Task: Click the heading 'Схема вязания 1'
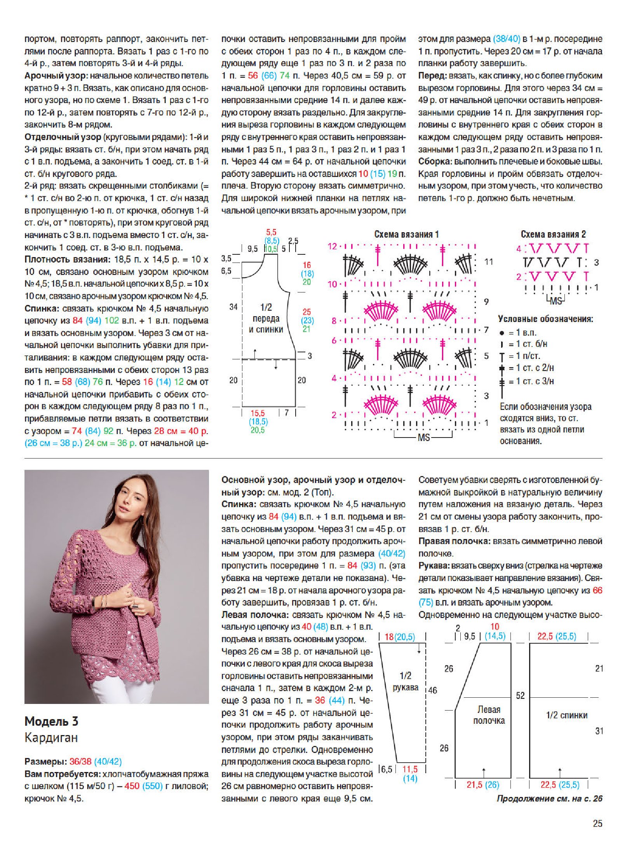(406, 235)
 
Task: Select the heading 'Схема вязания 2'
(553, 235)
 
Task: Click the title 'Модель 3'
(51, 721)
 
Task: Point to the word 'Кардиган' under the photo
(51, 737)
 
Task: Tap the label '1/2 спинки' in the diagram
(566, 715)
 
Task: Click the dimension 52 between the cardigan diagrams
(520, 695)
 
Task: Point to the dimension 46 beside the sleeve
(432, 690)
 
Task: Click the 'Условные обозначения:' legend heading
(545, 319)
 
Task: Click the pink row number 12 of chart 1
(332, 246)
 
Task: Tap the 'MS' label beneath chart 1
(423, 438)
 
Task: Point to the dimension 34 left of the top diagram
(233, 307)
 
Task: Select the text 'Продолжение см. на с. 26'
(549, 798)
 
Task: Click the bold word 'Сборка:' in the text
(435, 161)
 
